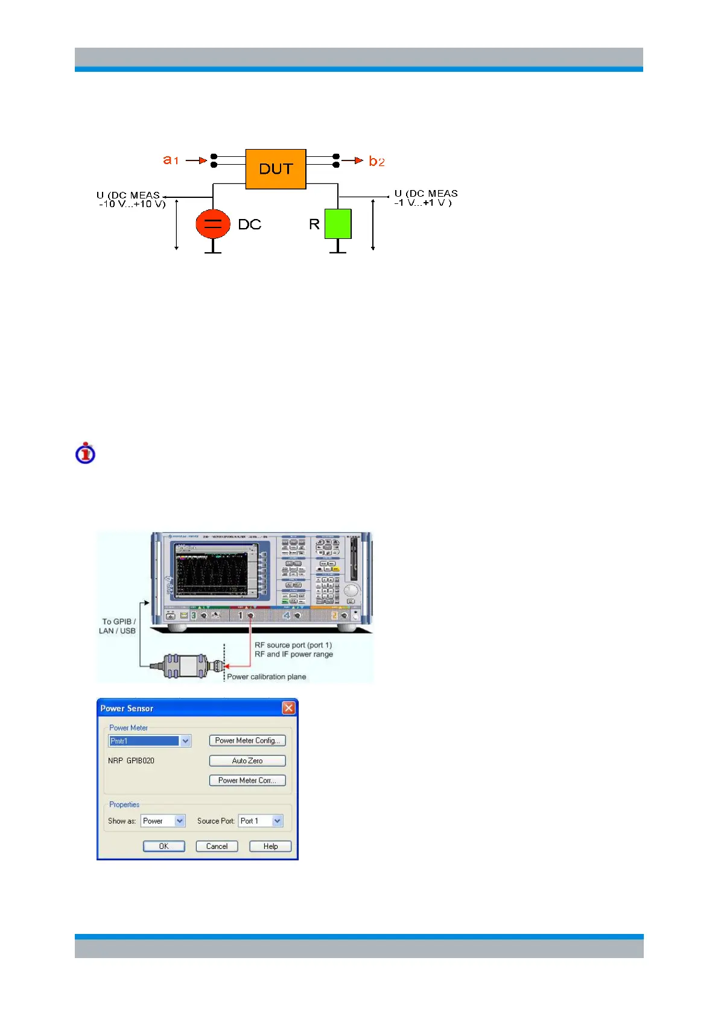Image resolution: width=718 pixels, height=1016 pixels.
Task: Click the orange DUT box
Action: click(x=276, y=169)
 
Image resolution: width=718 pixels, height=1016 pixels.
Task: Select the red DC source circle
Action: click(x=213, y=224)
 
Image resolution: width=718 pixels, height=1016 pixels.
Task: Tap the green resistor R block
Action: click(x=338, y=224)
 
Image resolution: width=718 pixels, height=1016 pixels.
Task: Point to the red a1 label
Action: click(x=171, y=160)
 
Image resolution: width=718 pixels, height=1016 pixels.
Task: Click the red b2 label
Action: click(x=376, y=161)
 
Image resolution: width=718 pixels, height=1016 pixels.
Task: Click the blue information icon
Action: click(x=86, y=453)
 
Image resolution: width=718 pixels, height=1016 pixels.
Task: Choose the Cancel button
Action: click(x=217, y=846)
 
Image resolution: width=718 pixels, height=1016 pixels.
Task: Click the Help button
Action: click(x=270, y=846)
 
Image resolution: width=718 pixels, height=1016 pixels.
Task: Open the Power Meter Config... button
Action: click(x=247, y=740)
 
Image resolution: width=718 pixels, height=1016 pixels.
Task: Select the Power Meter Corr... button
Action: click(x=247, y=780)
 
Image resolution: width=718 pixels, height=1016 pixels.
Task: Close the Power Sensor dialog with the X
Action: click(x=289, y=708)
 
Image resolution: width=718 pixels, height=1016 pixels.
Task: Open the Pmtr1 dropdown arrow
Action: click(x=185, y=741)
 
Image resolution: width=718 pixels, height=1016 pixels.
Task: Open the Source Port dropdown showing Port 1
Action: click(x=277, y=821)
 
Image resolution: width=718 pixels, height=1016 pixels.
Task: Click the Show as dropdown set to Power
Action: click(x=180, y=821)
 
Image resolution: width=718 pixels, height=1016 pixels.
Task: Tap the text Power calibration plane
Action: click(x=266, y=677)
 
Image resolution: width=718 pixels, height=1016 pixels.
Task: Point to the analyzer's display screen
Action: click(x=212, y=574)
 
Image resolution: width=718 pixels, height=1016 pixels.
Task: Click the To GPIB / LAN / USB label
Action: click(x=118, y=626)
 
